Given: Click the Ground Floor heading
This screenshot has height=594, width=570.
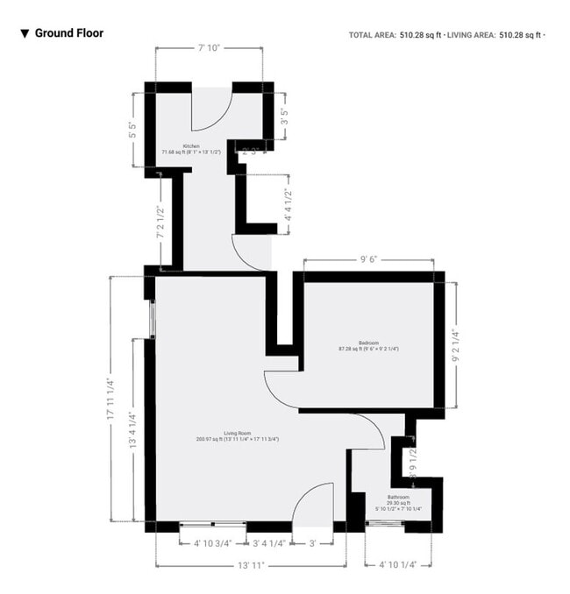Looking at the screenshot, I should [x=69, y=33].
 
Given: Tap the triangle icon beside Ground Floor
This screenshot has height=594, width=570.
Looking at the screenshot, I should [x=25, y=34].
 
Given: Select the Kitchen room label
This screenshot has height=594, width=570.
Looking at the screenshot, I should [x=191, y=146].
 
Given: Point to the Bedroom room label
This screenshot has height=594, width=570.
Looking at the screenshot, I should [x=368, y=343].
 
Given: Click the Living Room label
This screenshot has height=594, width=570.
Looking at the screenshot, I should [x=238, y=433].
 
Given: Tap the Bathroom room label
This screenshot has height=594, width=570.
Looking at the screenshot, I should [x=399, y=497].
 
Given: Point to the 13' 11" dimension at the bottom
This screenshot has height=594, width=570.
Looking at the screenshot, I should [x=251, y=566].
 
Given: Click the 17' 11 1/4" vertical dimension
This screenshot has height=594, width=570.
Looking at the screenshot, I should [x=110, y=399].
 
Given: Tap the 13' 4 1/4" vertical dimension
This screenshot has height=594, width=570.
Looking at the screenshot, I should [x=132, y=431].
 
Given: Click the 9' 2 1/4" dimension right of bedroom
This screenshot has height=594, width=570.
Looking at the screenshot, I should [x=454, y=345].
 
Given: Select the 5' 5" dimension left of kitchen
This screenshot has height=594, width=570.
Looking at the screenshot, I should [x=132, y=131].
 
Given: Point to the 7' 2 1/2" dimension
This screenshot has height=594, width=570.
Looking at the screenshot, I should [x=160, y=223].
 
